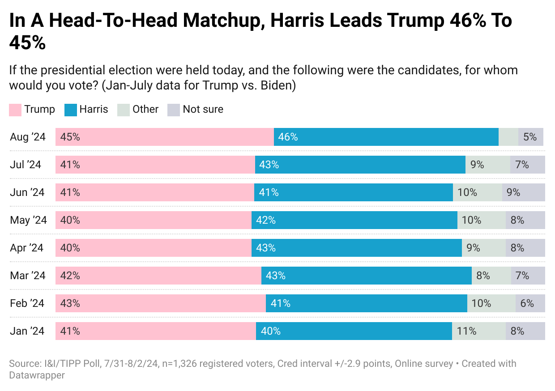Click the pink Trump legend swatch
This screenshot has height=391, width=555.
click(x=15, y=110)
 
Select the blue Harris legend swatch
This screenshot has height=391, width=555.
click(x=71, y=110)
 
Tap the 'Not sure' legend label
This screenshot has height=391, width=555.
click(x=203, y=110)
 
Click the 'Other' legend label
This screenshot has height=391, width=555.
click(x=145, y=110)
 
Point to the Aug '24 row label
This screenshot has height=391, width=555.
click(x=28, y=137)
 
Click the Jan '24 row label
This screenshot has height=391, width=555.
click(x=27, y=331)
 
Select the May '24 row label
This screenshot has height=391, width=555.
click(x=28, y=220)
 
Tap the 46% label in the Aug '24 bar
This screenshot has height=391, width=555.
click(x=288, y=137)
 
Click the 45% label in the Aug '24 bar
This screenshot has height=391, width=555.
click(x=70, y=137)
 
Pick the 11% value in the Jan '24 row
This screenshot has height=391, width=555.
click(x=467, y=331)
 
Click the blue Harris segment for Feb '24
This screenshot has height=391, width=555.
click(x=367, y=303)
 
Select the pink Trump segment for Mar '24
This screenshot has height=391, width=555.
click(x=158, y=276)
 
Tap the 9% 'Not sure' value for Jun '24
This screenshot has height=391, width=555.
click(x=513, y=192)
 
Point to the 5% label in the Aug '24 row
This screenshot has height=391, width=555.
click(x=530, y=137)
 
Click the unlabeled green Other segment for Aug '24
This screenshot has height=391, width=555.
click(x=508, y=137)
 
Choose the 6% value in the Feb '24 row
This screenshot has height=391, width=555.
click(x=527, y=303)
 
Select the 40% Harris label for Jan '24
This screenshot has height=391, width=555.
click(x=271, y=331)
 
